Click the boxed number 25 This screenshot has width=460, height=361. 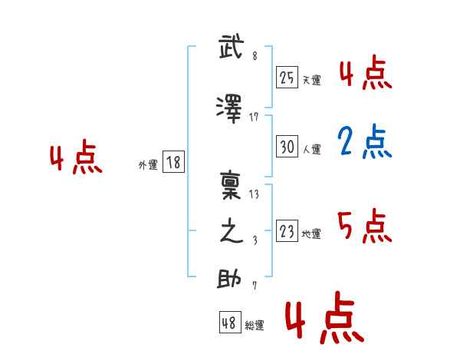[x=287, y=77]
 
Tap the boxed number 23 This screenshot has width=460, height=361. [x=287, y=232]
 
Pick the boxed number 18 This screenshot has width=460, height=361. [x=172, y=163]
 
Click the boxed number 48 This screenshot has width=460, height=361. [x=229, y=323]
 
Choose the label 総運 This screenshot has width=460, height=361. [x=254, y=326]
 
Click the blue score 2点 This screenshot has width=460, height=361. [x=365, y=142]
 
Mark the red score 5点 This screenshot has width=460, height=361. [x=364, y=226]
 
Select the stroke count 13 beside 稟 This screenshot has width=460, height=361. [x=254, y=194]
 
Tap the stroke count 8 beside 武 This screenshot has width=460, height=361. [x=254, y=56]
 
